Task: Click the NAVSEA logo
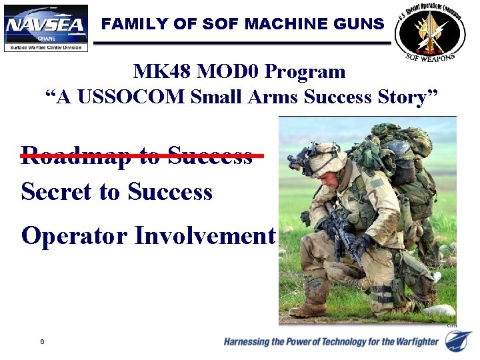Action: coord(45,25)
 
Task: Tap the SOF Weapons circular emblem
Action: coord(431,31)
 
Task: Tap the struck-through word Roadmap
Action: coord(67,155)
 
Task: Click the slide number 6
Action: coord(42,342)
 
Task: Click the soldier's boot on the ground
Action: coord(309,309)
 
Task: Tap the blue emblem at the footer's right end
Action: coord(459,341)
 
